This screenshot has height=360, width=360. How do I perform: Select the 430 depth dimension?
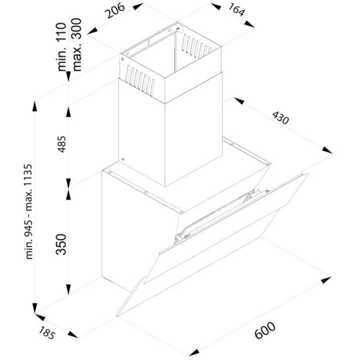point(280,120)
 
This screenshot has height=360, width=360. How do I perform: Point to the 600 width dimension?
point(265,330)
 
